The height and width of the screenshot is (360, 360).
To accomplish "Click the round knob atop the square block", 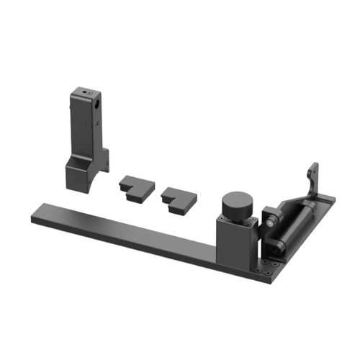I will [x=237, y=204].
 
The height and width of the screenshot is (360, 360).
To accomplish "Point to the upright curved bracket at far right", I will [x=312, y=180].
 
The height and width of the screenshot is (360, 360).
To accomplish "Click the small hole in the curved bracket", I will [x=312, y=173].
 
